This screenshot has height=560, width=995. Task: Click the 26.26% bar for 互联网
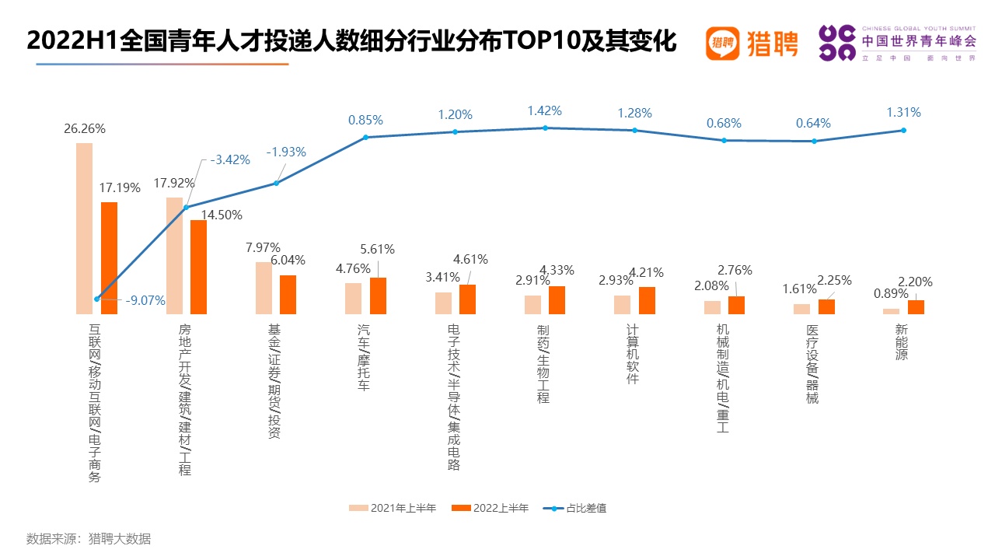pos(85,229)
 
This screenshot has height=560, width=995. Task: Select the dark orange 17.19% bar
pos(110,258)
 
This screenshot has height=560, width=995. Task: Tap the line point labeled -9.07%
pos(97,299)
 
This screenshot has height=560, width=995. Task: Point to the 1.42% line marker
pos(545,128)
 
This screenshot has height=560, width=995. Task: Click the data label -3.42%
pos(229,159)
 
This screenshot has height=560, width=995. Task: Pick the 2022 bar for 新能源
pos(916,307)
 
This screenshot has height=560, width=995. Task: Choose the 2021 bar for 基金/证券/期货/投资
pos(264,288)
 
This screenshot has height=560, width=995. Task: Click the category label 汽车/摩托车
pos(364,357)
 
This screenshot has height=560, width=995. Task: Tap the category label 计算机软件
pos(633,354)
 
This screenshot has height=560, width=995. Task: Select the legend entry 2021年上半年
pos(393,508)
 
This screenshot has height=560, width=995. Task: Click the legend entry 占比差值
pos(574,508)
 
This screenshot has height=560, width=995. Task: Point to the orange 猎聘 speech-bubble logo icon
pos(723,43)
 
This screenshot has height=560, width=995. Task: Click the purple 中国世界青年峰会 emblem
pos(837,43)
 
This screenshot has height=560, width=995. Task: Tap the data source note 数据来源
pos(89,539)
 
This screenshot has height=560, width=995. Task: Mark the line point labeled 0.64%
pos(814,142)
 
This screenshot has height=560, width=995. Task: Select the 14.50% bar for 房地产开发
pos(198,267)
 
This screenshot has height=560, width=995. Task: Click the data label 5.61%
pos(377,249)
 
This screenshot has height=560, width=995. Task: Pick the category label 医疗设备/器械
pos(812,364)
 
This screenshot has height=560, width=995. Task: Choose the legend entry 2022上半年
pos(490,508)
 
